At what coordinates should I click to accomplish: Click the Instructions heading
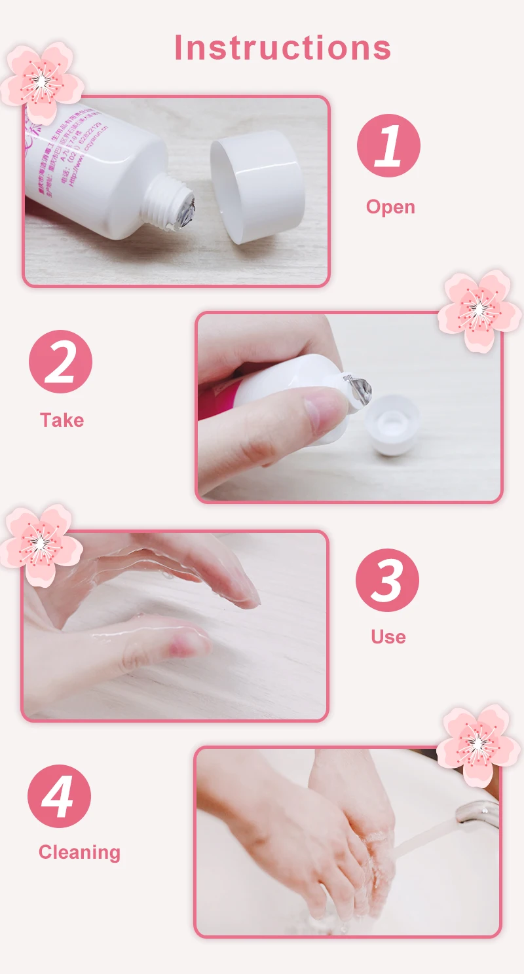[282, 48]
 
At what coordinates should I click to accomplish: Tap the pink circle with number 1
[388, 145]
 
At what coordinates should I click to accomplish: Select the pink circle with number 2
[60, 361]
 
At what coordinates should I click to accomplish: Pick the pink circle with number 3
[387, 580]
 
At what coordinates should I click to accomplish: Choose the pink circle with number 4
[59, 796]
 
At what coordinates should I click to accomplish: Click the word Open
[390, 207]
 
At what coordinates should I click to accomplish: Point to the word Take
[62, 420]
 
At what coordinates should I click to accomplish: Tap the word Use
[388, 637]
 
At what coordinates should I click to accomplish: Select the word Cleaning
[79, 852]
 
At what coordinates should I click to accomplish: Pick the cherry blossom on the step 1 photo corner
[41, 82]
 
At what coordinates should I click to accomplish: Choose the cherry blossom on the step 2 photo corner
[479, 310]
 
